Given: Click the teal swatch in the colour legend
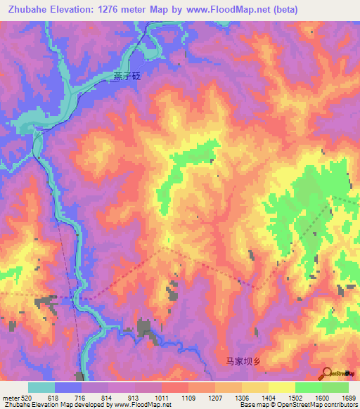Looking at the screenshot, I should click(x=41, y=387).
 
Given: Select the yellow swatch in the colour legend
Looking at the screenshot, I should click(x=282, y=387).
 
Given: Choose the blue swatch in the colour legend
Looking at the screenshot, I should click(x=68, y=387).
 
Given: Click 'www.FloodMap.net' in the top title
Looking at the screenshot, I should click(x=225, y=10).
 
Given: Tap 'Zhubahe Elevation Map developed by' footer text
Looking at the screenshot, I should click(x=49, y=405).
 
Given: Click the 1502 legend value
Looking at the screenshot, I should click(x=296, y=397).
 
